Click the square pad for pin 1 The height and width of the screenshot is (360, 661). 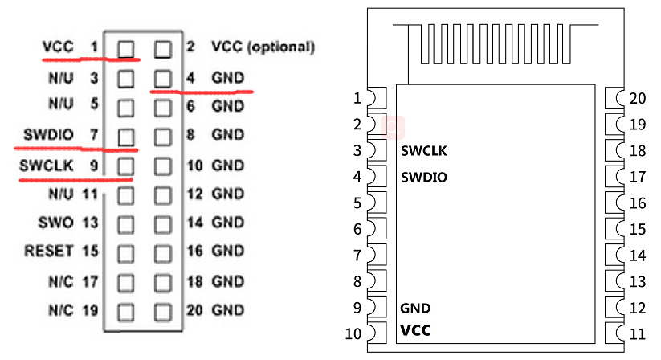click(126, 49)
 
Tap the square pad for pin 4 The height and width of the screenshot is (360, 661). click(163, 78)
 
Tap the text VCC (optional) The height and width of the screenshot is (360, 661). click(263, 47)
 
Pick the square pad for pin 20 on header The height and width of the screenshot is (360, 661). click(163, 310)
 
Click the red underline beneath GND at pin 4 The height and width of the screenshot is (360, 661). click(202, 91)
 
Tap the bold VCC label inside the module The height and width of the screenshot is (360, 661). click(415, 330)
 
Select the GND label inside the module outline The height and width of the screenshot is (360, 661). click(414, 308)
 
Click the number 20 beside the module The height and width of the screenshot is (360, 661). click(638, 99)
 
